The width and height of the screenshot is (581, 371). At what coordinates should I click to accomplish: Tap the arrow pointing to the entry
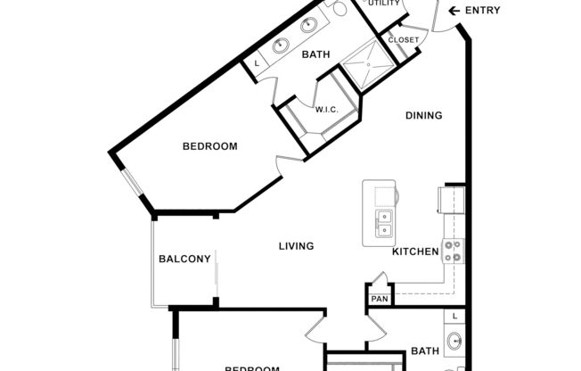coord(453,11)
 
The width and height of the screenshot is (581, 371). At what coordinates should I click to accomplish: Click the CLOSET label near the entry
coord(403,40)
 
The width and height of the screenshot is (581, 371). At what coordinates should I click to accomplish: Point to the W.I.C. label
coord(325,109)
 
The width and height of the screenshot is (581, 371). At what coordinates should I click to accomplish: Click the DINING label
coord(423,115)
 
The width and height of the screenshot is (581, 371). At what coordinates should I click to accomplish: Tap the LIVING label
coord(296,246)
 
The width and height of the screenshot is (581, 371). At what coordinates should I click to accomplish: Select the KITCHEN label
coord(415,251)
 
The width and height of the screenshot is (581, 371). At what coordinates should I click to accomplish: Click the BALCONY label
coord(184,260)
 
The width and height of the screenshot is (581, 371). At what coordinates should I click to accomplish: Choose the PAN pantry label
coord(380,299)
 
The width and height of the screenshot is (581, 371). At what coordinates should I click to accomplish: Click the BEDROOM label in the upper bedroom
coord(209,146)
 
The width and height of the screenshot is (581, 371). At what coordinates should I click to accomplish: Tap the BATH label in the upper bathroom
coord(315,54)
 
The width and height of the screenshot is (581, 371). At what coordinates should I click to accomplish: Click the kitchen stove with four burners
coord(453,251)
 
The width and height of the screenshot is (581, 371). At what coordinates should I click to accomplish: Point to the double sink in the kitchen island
coord(385,223)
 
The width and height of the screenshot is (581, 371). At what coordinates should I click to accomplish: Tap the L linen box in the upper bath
coord(258,64)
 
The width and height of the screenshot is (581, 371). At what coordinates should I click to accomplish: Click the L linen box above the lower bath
coord(455,317)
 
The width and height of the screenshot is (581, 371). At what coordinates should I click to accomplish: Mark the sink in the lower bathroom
coord(455,341)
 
